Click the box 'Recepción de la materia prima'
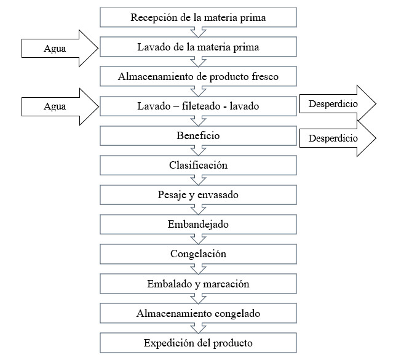198,17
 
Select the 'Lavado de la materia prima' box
198,47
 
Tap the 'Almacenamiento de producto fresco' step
198,76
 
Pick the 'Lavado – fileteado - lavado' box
198,106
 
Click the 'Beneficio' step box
198,136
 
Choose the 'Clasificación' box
198,166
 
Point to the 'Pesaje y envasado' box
198,195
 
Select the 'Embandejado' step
198,225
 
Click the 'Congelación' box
198,254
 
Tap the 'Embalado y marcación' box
198,284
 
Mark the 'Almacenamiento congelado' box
198,313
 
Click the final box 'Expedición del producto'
198,343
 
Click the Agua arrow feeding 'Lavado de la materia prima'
60,48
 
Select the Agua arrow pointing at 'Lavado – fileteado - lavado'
60,106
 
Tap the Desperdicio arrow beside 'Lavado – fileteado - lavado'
338,103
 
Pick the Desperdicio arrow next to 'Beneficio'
338,138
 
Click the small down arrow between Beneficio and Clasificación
198,151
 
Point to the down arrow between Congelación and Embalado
198,270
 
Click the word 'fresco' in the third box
265,76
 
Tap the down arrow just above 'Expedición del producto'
198,329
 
